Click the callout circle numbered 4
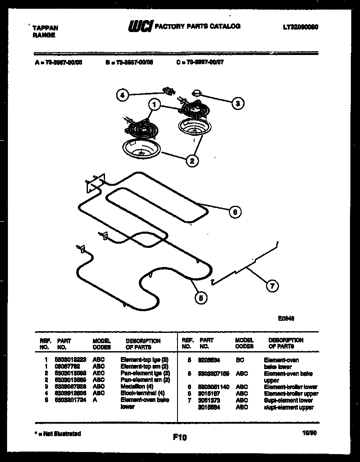122,95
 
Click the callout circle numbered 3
237,103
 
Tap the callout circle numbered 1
154,105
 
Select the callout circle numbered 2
192,161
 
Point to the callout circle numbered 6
235,212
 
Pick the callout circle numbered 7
272,286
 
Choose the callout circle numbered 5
201,297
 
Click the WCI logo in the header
140,27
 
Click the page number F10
180,437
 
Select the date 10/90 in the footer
310,433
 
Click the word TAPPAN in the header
45,28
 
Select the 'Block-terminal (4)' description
142,393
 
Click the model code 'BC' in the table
240,360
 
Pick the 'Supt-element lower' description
288,400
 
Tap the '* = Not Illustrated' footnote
57,434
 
